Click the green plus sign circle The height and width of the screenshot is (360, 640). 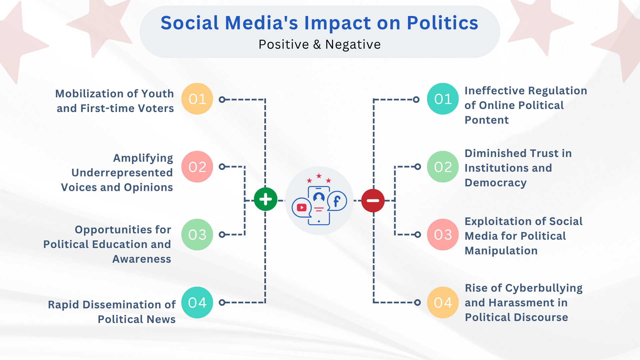pyautogui.click(x=266, y=199)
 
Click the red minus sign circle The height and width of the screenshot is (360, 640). pyautogui.click(x=373, y=201)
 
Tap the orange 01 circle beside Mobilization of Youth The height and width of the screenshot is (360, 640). pyautogui.click(x=197, y=99)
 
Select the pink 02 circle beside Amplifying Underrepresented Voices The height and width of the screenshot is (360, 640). pyautogui.click(x=197, y=167)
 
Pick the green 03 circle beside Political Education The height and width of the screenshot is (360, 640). pyautogui.click(x=197, y=235)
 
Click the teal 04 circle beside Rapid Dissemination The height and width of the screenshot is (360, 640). pyautogui.click(x=197, y=303)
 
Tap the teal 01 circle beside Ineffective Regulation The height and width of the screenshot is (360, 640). pyautogui.click(x=443, y=99)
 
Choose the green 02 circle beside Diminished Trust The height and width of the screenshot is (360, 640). pyautogui.click(x=443, y=167)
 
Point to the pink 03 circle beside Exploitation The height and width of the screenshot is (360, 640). pyautogui.click(x=443, y=235)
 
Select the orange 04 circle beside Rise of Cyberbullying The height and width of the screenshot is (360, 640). pyautogui.click(x=443, y=303)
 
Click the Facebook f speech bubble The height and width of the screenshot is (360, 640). pyautogui.click(x=337, y=201)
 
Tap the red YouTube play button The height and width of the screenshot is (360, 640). pyautogui.click(x=302, y=208)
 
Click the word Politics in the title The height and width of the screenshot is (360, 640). pyautogui.click(x=442, y=23)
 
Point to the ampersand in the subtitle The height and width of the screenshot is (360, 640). pyautogui.click(x=317, y=45)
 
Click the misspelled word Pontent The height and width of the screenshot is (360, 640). pyautogui.click(x=487, y=120)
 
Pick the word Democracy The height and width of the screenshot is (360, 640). pyautogui.click(x=496, y=183)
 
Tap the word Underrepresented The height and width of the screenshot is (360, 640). pyautogui.click(x=122, y=173)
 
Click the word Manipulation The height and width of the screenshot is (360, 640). pyautogui.click(x=501, y=251)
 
